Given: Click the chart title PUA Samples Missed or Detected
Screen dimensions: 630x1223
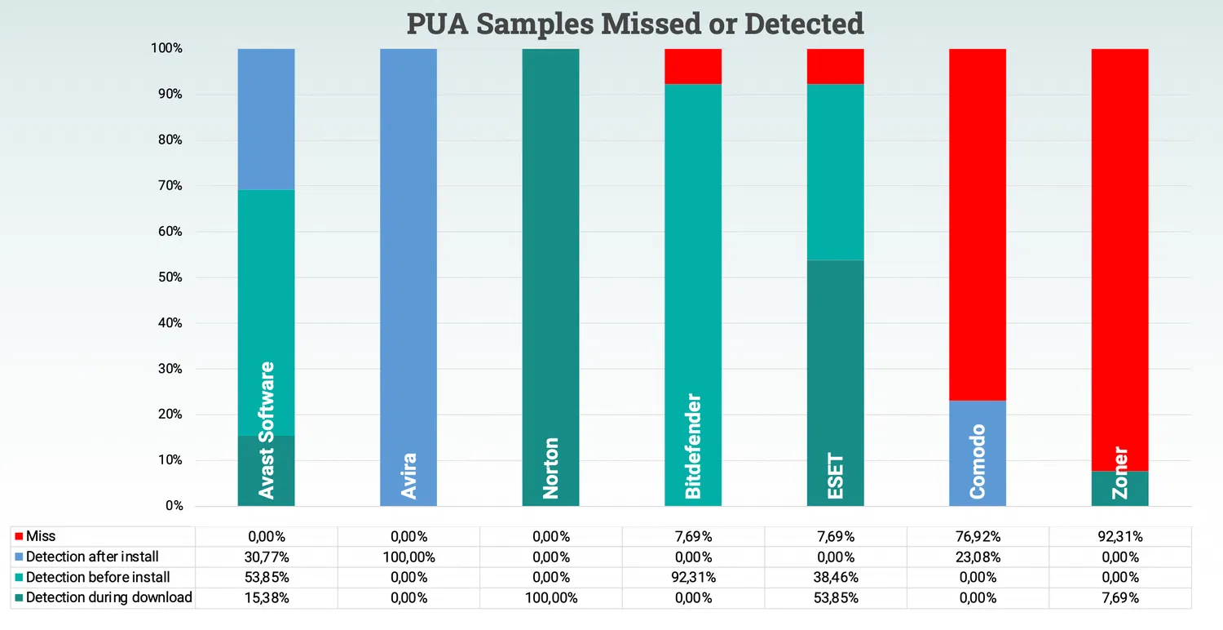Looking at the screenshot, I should click(x=635, y=23).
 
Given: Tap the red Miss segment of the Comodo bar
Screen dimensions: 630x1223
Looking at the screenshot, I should click(x=977, y=224).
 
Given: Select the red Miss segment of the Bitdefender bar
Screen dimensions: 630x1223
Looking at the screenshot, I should click(x=693, y=66).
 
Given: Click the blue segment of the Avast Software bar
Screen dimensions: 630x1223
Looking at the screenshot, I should click(x=266, y=119).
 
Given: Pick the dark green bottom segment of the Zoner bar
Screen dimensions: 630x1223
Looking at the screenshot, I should click(x=1119, y=489).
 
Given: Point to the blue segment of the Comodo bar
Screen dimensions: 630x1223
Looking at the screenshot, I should click(x=977, y=453).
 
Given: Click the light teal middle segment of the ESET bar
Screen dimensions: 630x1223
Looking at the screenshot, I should click(x=835, y=172).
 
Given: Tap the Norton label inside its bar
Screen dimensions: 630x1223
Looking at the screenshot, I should click(x=551, y=468).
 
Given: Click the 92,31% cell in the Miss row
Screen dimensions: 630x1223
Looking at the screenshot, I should click(x=1119, y=536).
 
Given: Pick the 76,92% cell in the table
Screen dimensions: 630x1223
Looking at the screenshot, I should click(x=977, y=536).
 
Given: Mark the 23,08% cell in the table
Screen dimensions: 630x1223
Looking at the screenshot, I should click(x=977, y=557).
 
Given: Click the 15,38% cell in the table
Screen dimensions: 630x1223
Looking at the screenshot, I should click(x=266, y=597).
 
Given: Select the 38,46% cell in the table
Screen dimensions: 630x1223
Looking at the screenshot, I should click(x=835, y=577).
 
